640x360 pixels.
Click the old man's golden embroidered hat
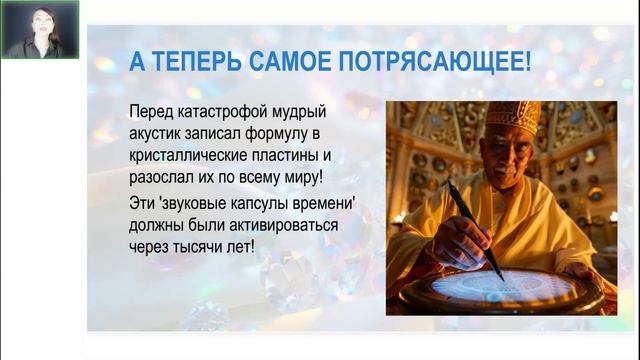tap(512, 116)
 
